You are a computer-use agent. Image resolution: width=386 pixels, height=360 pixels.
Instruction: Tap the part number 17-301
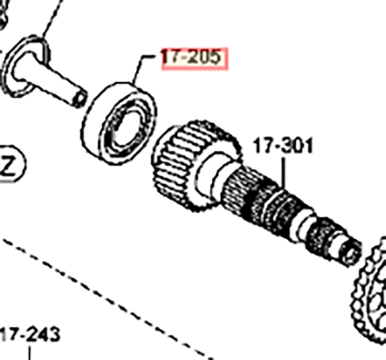click(283, 146)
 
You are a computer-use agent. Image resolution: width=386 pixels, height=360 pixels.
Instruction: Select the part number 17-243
click(30, 334)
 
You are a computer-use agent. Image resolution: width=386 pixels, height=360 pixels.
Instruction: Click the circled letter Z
click(11, 164)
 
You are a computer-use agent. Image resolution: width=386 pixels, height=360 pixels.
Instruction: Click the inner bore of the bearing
click(126, 129)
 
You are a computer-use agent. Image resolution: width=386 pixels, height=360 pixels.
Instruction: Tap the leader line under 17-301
click(283, 173)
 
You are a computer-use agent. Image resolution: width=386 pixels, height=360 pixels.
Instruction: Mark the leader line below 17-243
click(30, 353)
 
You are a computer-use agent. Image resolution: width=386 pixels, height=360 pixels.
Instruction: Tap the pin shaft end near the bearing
click(79, 99)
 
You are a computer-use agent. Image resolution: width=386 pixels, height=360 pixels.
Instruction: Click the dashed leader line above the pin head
click(53, 17)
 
